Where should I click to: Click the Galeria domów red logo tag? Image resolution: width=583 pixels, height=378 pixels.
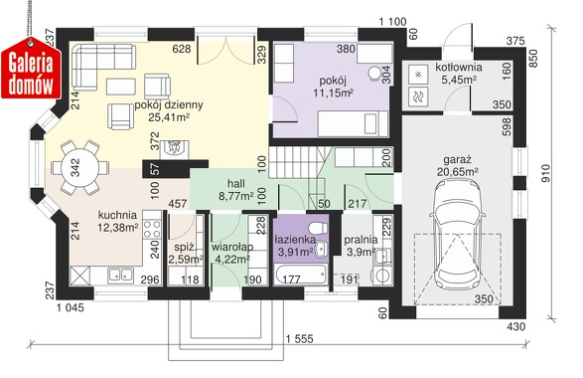coord(31,69)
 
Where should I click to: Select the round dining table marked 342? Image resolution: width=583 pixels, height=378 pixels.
coord(75,167)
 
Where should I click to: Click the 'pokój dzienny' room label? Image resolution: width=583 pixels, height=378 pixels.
coord(169,105)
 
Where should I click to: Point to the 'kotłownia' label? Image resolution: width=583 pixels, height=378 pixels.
coord(459,68)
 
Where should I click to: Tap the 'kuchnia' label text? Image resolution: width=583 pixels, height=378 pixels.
coord(117,215)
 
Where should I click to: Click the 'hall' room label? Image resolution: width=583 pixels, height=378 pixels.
coord(236,183)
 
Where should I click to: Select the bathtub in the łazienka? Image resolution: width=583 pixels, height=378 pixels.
coord(300,276)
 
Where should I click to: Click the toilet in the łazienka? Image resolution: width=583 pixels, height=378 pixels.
coord(318,227)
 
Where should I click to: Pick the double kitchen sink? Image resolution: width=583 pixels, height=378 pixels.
coord(121,276)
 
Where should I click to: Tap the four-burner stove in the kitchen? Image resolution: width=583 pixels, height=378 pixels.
coord(152,229)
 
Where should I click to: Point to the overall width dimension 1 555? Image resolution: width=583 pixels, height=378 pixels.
coord(299,339)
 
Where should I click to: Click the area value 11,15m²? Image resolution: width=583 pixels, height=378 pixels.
coord(333,93)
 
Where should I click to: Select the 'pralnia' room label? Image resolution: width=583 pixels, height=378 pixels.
coord(361,240)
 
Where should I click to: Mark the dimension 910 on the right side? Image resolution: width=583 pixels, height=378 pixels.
coord(545,174)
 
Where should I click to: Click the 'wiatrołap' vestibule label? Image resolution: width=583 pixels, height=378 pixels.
coord(232,247)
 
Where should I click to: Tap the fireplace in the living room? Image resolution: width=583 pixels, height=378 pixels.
coord(175,149)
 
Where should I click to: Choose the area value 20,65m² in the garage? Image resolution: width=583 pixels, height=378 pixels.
coord(457,172)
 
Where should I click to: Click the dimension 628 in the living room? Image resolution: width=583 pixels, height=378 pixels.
coord(182,49)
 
